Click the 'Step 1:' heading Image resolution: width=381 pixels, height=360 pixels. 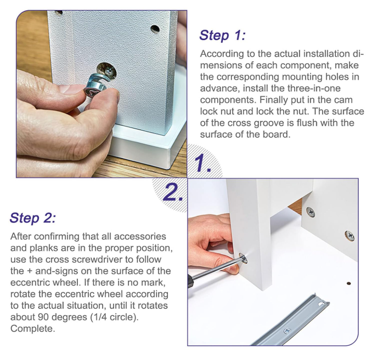point(222,35)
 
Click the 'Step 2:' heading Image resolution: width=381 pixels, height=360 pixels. point(33,217)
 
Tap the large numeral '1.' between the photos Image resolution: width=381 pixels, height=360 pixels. point(203,163)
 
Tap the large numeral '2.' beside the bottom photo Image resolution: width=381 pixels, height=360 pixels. point(173,192)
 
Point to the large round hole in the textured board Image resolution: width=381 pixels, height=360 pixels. point(107,71)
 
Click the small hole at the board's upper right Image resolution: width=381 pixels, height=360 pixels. point(155,29)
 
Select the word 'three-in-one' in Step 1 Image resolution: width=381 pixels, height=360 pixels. point(314,88)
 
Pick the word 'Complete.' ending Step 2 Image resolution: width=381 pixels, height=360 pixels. point(33,329)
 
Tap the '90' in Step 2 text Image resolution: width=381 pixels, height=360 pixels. point(44,317)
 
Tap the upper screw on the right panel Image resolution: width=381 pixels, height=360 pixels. point(310,212)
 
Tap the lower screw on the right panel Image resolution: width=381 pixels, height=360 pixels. point(349,236)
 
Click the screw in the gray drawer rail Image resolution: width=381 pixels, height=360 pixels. point(287,331)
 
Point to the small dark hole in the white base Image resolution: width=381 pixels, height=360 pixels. point(348,284)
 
